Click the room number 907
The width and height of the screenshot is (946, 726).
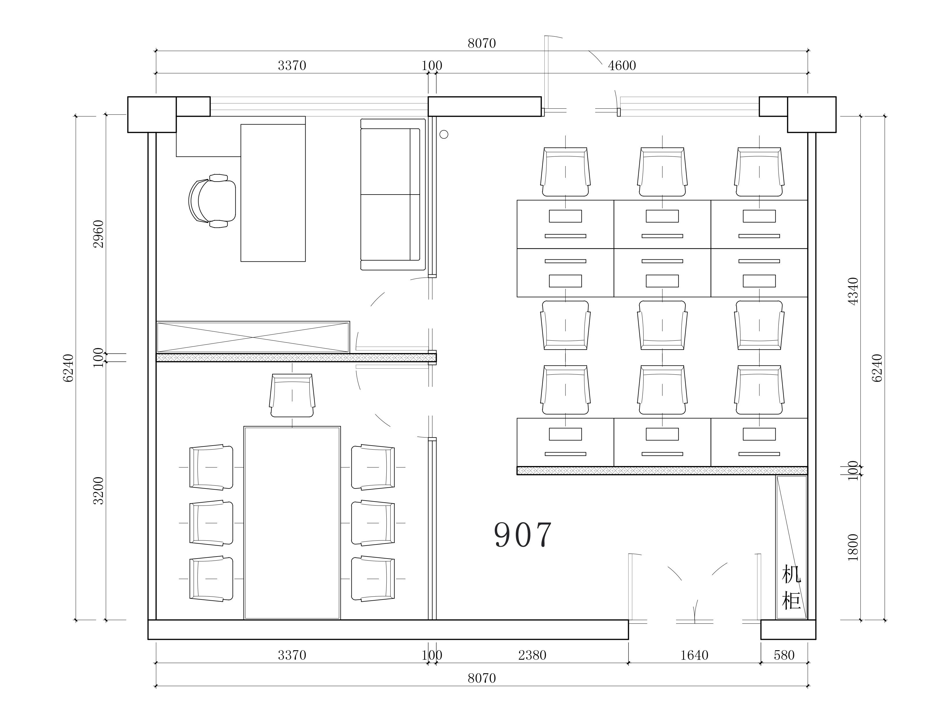[523, 535]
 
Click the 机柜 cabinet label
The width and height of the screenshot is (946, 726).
[791, 588]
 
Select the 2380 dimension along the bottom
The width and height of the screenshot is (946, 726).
[532, 655]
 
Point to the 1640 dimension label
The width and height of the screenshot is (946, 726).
[694, 655]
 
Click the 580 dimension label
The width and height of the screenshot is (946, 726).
[784, 655]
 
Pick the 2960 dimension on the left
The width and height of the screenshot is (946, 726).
[99, 234]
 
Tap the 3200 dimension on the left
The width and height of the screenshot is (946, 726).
[99, 491]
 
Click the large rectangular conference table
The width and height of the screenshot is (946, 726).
[292, 523]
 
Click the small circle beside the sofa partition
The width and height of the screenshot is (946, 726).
[444, 134]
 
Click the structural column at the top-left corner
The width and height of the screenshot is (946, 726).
[152, 114]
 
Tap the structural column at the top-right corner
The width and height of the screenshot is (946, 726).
[812, 114]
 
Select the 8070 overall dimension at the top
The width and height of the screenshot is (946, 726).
[482, 43]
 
